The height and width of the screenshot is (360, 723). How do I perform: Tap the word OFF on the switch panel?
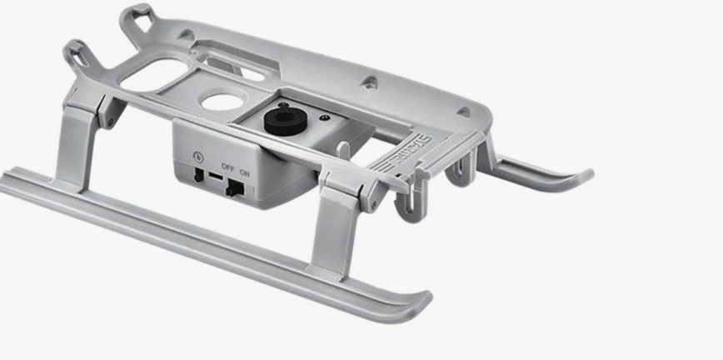[227, 166]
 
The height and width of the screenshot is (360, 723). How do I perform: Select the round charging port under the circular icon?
[198, 175]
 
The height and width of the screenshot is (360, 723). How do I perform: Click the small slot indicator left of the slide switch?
[215, 178]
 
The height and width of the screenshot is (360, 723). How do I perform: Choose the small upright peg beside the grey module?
[342, 152]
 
